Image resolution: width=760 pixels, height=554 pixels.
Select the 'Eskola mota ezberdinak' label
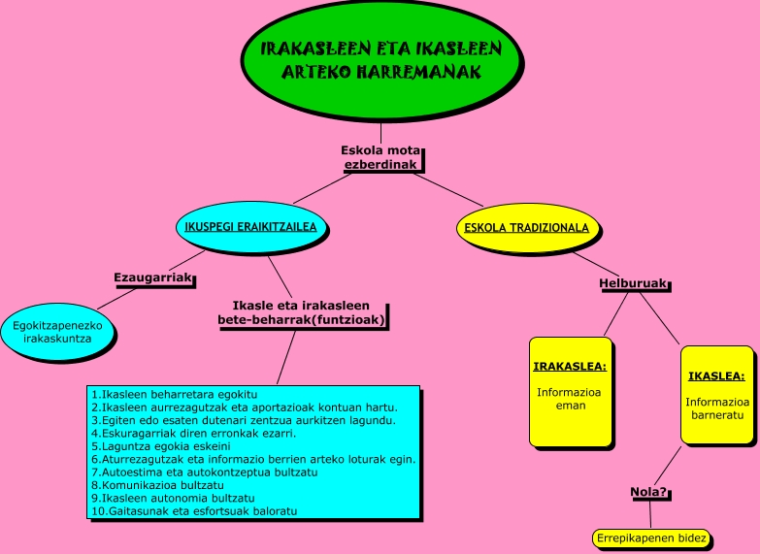pos(380,157)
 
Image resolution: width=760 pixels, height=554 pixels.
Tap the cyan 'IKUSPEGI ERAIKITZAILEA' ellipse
pos(252,228)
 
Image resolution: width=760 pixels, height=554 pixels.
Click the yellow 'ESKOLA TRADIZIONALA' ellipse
pos(526,228)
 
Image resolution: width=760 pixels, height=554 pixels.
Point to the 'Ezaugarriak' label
pos(151,277)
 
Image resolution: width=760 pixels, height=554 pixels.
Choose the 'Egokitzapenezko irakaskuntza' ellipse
pos(58,332)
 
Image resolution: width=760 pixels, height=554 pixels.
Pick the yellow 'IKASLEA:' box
pos(716,395)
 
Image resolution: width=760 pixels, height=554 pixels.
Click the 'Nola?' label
pos(648,492)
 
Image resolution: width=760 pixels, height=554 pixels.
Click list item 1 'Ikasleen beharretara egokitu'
pos(174,395)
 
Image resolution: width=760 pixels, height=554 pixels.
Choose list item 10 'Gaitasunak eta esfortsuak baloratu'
pos(193,510)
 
